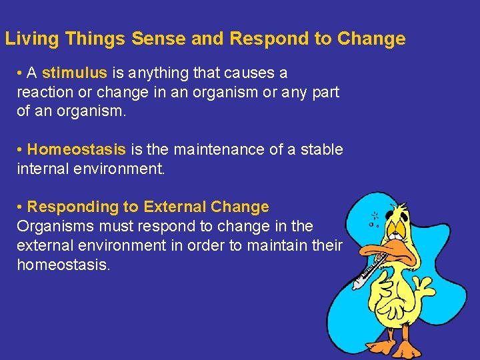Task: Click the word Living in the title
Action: pyautogui.click(x=33, y=39)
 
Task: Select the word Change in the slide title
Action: pyautogui.click(x=371, y=39)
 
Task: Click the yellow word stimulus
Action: pyautogui.click(x=74, y=73)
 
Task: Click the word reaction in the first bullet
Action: pyautogui.click(x=44, y=92)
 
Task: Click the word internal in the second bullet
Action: pyautogui.click(x=43, y=169)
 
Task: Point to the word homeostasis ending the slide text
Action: pyautogui.click(x=63, y=265)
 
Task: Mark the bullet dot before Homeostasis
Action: pyautogui.click(x=21, y=150)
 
